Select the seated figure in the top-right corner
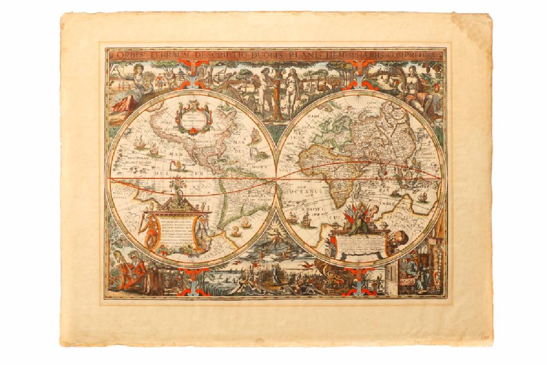(416, 82)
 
